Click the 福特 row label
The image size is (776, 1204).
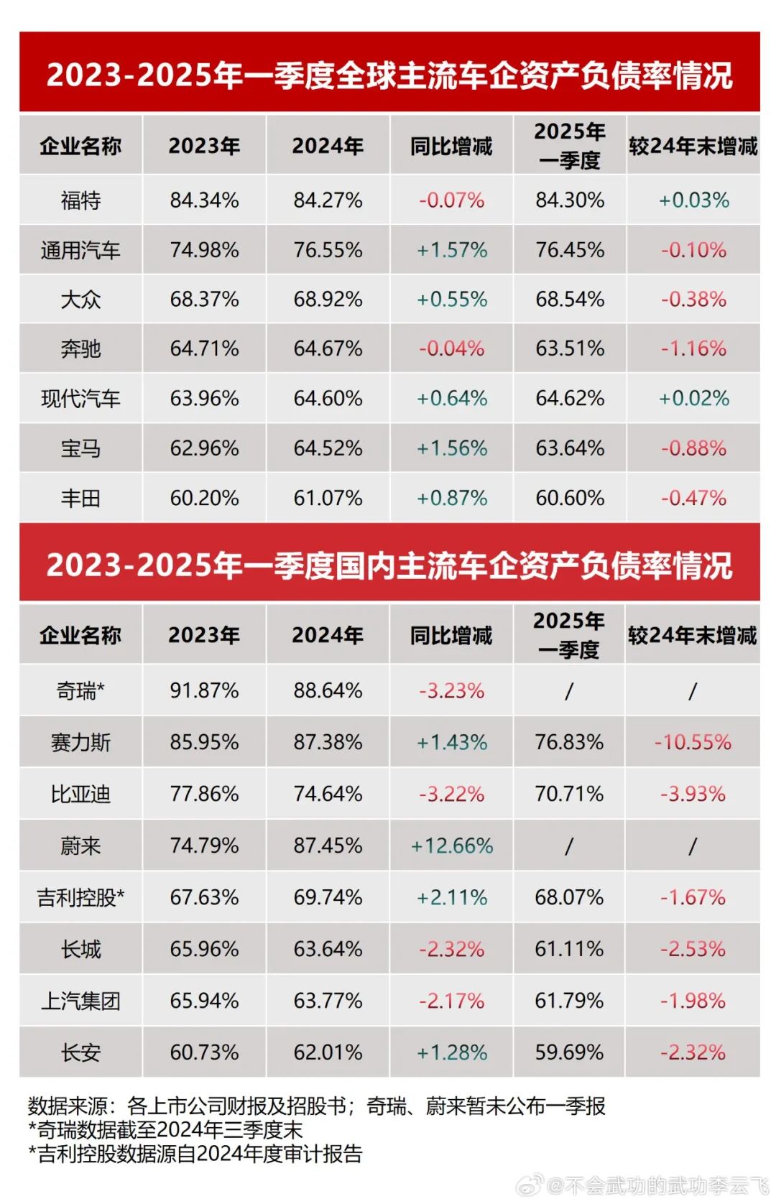80,200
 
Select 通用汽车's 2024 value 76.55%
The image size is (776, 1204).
328,250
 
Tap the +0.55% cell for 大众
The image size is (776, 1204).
452,300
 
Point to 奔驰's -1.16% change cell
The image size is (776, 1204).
693,349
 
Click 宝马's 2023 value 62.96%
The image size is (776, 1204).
204,448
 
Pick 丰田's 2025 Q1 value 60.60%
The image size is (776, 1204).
570,498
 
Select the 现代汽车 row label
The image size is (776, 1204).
80,399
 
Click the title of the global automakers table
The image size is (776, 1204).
389,75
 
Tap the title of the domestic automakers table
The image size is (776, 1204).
389,565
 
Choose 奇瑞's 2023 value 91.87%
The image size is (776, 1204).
204,690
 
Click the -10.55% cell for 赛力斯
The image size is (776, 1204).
693,742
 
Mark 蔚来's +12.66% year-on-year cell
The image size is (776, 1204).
452,846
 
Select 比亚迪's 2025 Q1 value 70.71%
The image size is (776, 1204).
569,794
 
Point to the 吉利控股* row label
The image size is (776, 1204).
80,897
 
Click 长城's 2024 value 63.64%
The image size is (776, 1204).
328,949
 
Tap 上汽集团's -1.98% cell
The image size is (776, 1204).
693,1001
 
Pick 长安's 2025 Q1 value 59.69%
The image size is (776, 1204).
569,1052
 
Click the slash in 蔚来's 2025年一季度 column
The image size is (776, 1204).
569,846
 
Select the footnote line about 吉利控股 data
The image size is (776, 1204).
195,1154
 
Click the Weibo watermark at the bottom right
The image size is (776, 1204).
644,1185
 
